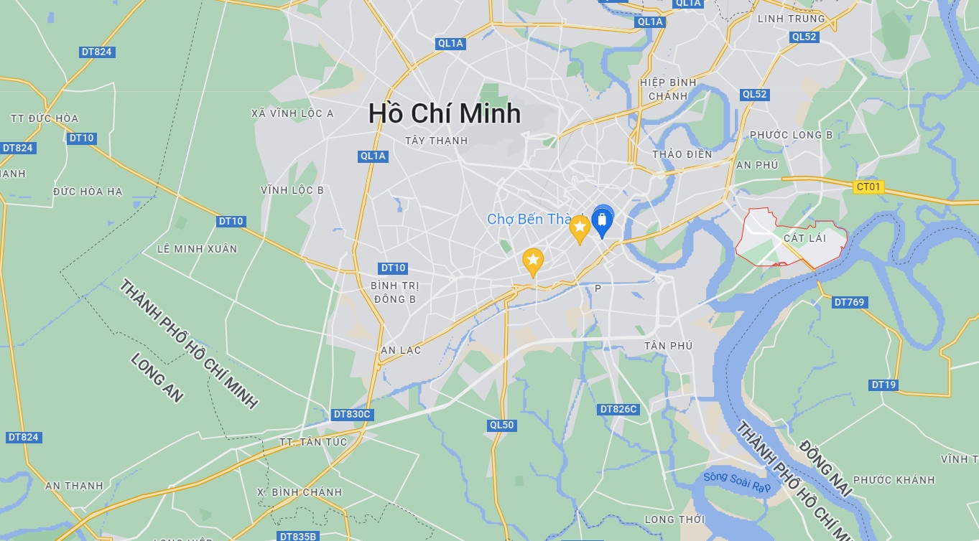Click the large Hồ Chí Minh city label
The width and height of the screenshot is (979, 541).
click(445, 113)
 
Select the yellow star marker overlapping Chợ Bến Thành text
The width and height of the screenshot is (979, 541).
click(580, 228)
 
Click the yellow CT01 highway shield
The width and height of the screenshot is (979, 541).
click(869, 187)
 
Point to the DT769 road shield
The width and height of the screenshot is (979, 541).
click(850, 302)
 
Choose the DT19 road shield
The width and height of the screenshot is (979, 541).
click(883, 385)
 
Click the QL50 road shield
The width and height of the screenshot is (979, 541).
click(501, 425)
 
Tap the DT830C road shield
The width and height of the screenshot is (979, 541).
click(352, 414)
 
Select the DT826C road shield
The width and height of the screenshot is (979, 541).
click(618, 409)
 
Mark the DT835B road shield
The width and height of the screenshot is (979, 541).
click(297, 536)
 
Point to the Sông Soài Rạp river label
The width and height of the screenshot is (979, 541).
click(736, 481)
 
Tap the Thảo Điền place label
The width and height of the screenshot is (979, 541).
click(682, 154)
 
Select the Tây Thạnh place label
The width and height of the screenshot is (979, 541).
click(436, 141)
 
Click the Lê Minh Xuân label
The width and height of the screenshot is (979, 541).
click(197, 249)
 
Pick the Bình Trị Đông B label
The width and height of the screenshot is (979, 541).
click(394, 292)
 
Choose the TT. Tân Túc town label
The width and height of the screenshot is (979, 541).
click(313, 442)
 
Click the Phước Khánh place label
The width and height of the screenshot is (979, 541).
click(894, 480)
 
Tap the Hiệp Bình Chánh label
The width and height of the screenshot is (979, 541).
click(668, 89)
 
